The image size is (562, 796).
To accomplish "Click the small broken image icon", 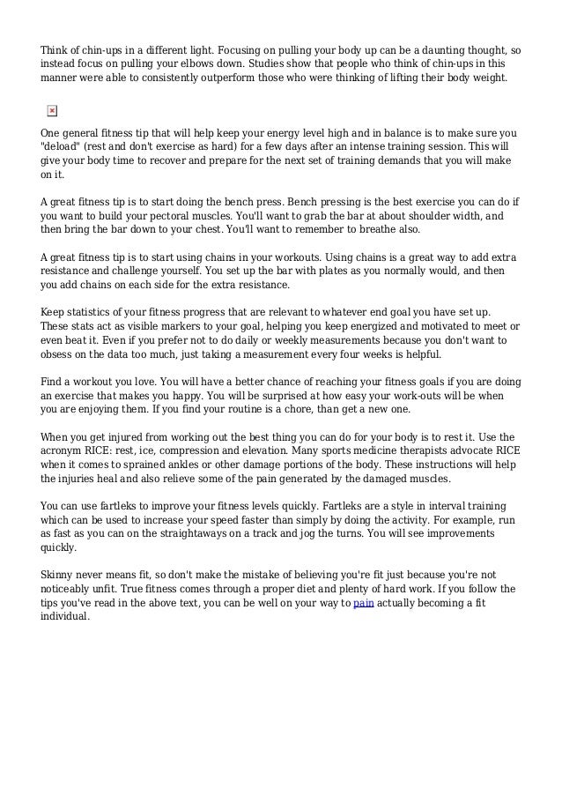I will (x=51, y=109).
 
